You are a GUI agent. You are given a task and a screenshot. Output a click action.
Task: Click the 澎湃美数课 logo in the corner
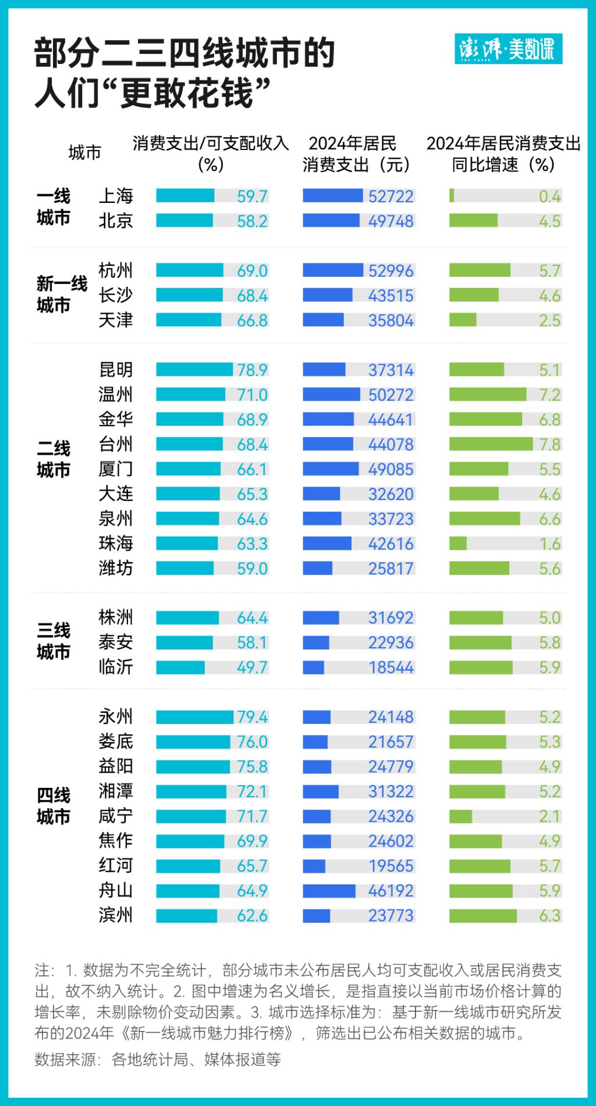pos(508,49)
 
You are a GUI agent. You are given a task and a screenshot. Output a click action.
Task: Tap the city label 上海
pos(116,196)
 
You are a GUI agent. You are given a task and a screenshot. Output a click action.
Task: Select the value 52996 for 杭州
pos(391,270)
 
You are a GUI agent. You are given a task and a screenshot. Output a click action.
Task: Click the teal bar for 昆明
pos(194,370)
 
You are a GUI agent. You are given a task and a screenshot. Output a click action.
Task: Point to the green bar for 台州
pos(491,444)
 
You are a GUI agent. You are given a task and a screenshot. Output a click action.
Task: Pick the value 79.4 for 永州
pos(252,717)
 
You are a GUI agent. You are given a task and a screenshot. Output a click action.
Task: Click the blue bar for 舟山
pos(329,891)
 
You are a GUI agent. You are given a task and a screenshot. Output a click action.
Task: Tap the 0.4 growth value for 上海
pos(549,197)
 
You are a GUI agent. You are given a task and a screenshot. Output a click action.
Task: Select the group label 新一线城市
pos(61,294)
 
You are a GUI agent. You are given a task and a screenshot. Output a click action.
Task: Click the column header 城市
pos(84,153)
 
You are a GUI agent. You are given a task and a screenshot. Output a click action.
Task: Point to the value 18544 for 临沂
pos(391,667)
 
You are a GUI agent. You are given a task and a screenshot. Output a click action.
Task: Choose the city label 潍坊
pos(116,568)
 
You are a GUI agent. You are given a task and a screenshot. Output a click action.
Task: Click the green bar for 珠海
pos(458,544)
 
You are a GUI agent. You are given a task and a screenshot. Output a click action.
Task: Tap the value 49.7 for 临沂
pos(252,667)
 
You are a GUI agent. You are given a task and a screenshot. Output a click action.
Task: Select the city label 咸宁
pos(116,816)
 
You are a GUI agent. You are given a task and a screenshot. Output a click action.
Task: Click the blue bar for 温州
pos(331,395)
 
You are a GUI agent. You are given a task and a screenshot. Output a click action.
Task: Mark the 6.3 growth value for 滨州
pos(549,915)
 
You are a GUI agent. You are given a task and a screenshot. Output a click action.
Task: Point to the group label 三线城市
pos(54,641)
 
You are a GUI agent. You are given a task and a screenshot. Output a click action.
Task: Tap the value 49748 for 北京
pos(391,221)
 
